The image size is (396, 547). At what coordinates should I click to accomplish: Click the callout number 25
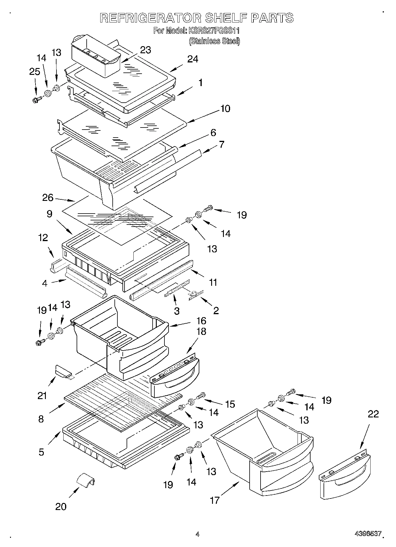pos(35,72)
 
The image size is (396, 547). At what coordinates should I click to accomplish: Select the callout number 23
pos(145,50)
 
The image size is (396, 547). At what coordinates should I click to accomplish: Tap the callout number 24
pos(193,59)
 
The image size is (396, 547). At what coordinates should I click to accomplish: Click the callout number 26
pos(48,198)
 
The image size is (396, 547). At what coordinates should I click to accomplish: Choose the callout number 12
pos(43,238)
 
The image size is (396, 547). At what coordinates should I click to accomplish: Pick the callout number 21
pos(42,396)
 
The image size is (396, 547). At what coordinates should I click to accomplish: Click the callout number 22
pos(373,414)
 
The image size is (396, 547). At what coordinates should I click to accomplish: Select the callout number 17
pos(215,500)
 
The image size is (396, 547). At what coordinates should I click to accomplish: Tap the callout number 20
pos(61,506)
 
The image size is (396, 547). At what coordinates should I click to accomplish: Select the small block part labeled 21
pos(63,371)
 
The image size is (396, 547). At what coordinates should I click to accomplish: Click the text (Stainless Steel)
pos(214,41)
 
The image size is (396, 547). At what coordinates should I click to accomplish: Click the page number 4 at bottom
pos(197,534)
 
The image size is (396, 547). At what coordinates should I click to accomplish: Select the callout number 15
pos(230,404)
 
